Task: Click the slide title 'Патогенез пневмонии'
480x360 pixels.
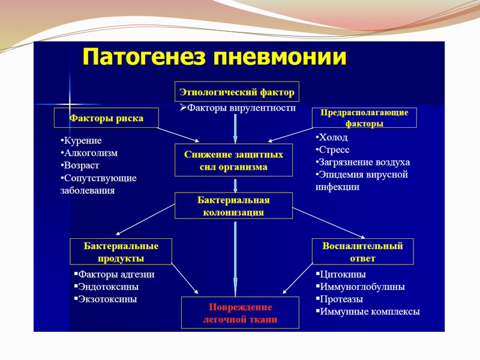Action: (x=214, y=57)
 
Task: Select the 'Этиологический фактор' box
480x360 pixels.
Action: (x=237, y=92)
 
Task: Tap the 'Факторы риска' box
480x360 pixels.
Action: (x=107, y=118)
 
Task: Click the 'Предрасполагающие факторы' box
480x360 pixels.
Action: (x=364, y=118)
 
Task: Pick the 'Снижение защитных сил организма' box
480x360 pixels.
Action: (x=233, y=160)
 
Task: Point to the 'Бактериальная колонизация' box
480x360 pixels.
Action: (x=233, y=206)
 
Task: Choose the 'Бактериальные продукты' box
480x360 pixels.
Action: (x=121, y=252)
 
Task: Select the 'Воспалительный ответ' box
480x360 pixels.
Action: (x=362, y=252)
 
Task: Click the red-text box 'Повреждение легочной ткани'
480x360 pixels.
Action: (x=239, y=313)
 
